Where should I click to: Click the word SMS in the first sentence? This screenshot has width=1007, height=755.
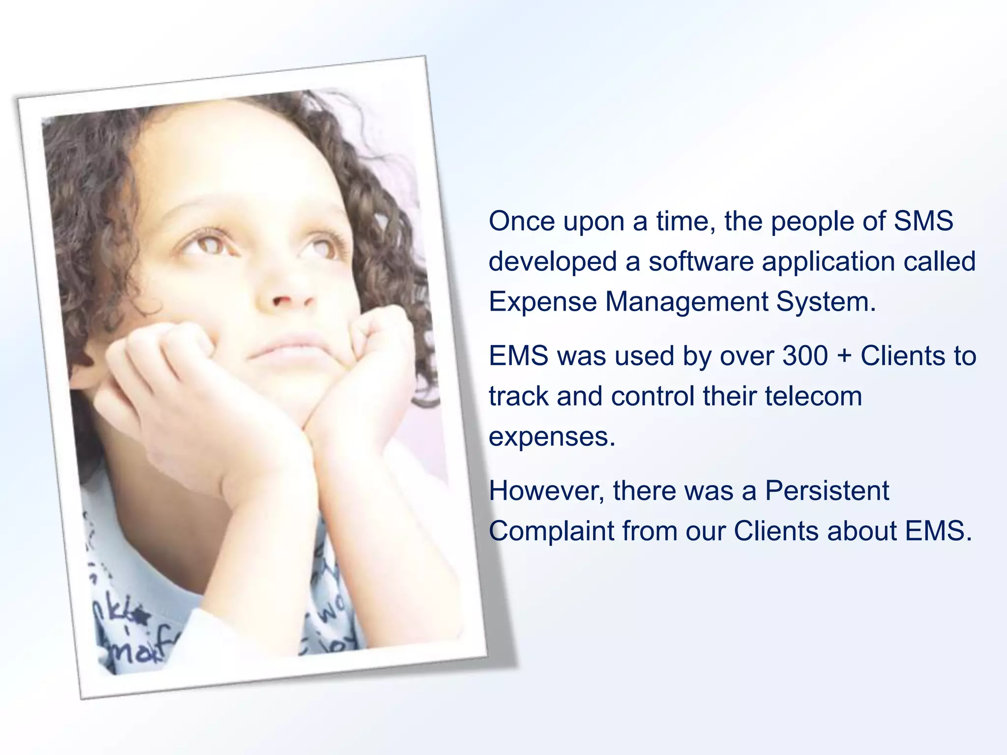(923, 221)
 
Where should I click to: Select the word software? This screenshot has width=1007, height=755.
(701, 261)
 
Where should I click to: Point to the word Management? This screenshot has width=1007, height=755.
(686, 302)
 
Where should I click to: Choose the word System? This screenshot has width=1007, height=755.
(826, 302)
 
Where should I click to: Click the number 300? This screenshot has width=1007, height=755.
(805, 356)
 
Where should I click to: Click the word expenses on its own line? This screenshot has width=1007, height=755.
(552, 436)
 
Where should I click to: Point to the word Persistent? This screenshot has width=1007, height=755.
(827, 491)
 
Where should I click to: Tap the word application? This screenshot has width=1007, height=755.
(828, 261)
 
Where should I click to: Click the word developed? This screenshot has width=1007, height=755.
(553, 261)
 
